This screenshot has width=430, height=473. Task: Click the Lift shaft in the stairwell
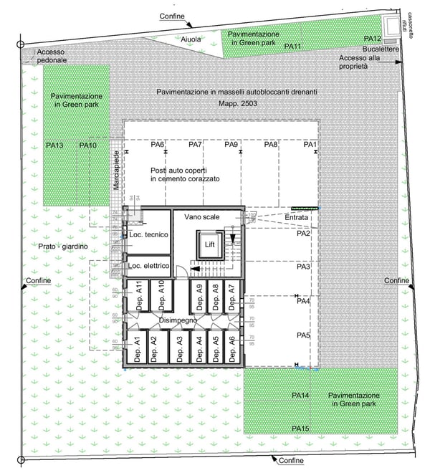coord(209,244)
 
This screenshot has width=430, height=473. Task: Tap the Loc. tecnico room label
coord(148,235)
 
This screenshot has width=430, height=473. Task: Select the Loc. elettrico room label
coord(148,266)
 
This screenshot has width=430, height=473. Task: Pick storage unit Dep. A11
coord(139,296)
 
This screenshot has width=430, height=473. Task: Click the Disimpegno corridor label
coord(178,321)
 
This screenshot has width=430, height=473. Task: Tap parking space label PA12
coord(373,39)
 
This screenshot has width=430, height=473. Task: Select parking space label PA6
coord(158,145)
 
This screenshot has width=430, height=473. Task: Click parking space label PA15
coord(300,429)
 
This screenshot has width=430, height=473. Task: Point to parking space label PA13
coord(54,145)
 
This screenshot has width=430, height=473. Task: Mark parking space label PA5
coord(302,335)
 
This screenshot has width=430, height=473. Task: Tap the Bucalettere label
coord(380,49)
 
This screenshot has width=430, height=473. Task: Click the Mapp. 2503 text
coord(237,104)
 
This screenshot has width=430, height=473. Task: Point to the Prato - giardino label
coord(64,247)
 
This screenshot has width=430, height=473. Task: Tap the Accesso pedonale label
coord(52,56)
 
